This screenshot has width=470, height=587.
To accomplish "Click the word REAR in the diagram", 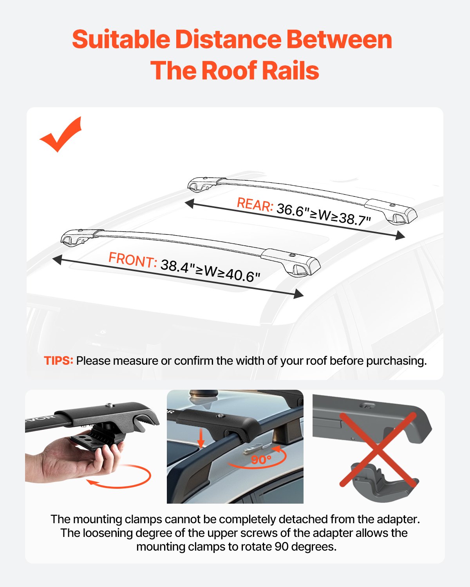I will [x=255, y=205].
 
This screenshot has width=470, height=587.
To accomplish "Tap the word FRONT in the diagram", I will [x=132, y=260].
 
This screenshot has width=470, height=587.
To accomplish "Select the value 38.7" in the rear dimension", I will [x=354, y=219].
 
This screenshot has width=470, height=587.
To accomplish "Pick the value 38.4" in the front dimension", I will [x=175, y=266].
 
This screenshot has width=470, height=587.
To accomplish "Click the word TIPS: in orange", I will [x=58, y=360].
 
